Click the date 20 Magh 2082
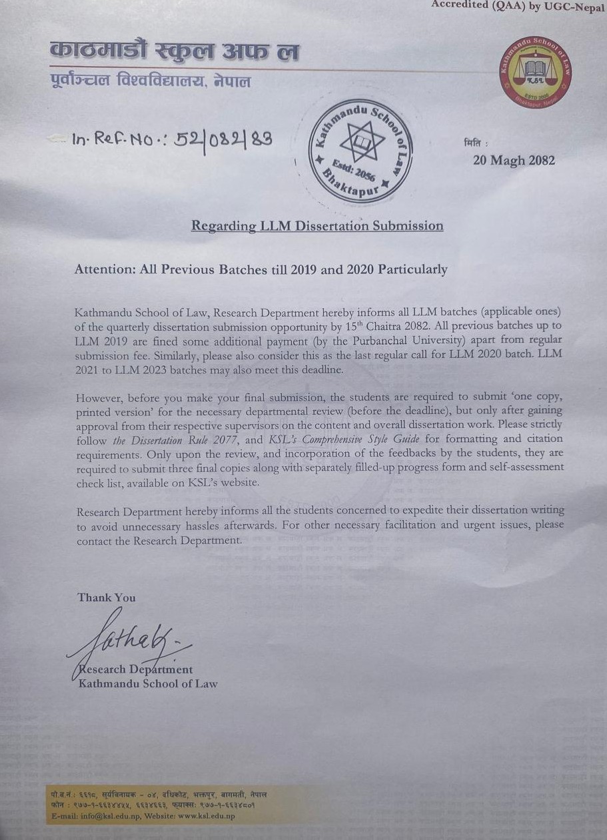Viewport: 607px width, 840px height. (x=514, y=161)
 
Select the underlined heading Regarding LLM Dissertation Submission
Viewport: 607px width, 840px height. (x=317, y=226)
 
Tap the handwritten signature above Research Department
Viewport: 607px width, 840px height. (x=133, y=641)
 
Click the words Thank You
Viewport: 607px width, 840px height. (x=107, y=597)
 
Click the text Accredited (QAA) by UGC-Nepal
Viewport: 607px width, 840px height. (x=518, y=5)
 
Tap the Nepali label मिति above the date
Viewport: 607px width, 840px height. (x=476, y=143)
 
